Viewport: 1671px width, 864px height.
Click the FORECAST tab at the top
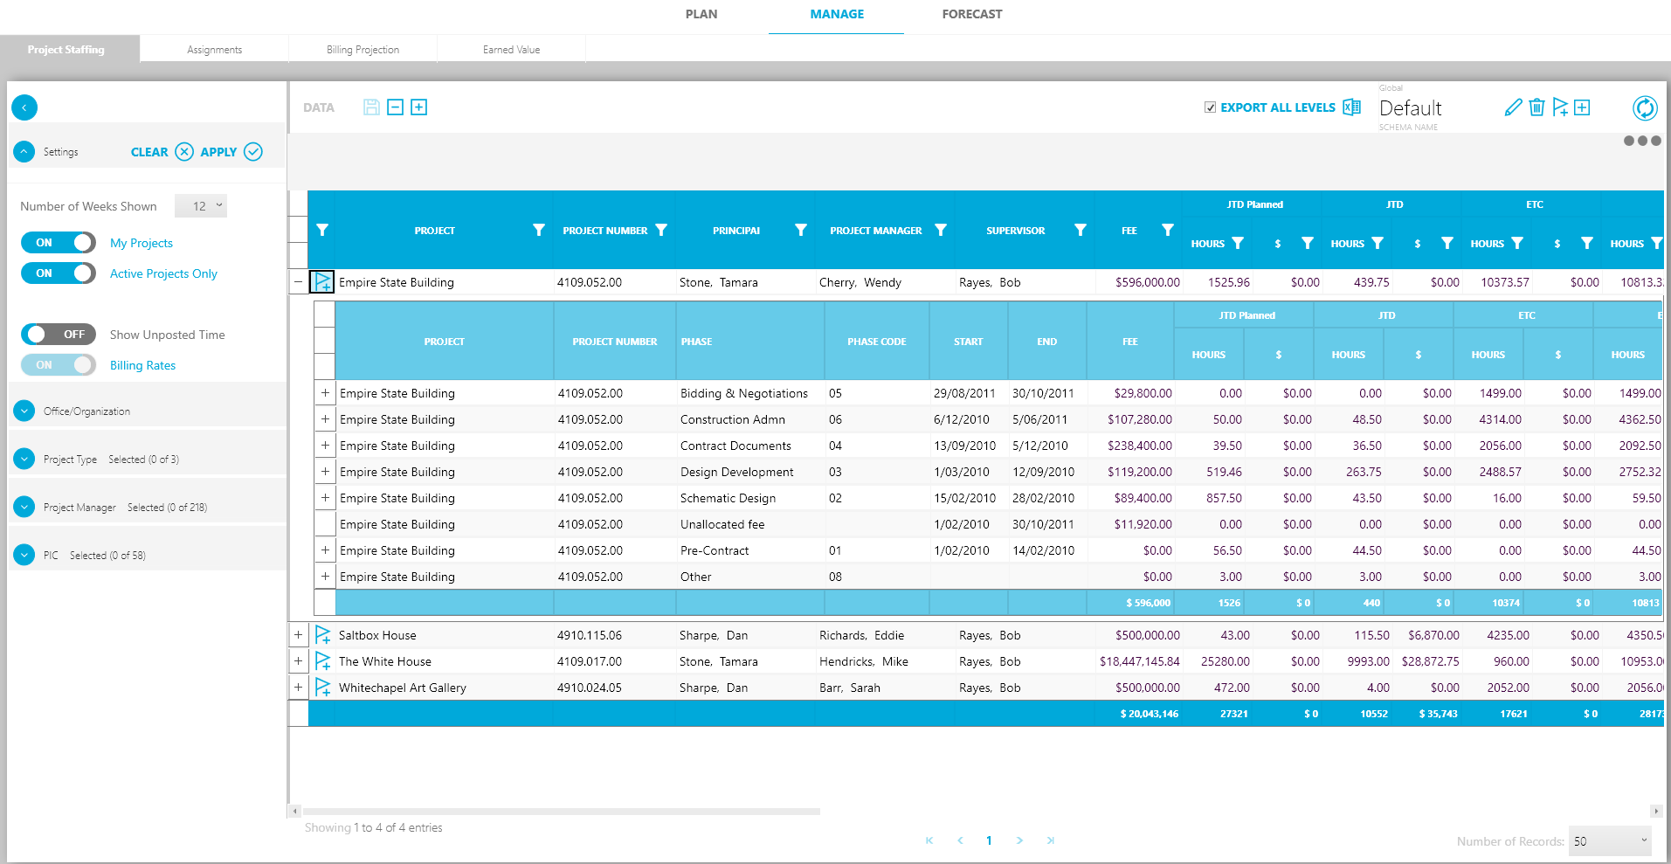[971, 14]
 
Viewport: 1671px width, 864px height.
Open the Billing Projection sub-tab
[363, 50]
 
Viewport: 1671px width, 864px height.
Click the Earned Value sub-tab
[511, 50]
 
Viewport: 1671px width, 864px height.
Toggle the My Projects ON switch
[58, 243]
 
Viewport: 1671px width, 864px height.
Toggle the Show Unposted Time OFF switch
[58, 335]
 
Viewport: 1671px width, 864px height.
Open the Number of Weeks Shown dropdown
[201, 206]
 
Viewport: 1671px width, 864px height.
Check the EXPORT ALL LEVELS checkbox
[1210, 107]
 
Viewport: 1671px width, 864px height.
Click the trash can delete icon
[1536, 107]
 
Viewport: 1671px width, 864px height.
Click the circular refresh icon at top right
[1644, 107]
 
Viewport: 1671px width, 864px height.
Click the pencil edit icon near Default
[1513, 107]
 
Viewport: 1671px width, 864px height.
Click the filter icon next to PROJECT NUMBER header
[661, 230]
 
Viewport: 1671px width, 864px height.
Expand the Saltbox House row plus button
[298, 635]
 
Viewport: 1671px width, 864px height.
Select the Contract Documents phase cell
[735, 446]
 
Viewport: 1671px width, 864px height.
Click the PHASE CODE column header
[876, 342]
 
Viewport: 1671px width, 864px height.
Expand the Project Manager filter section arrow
[24, 507]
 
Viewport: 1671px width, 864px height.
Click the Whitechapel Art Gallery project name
[402, 688]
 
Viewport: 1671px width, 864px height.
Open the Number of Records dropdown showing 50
[1609, 841]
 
